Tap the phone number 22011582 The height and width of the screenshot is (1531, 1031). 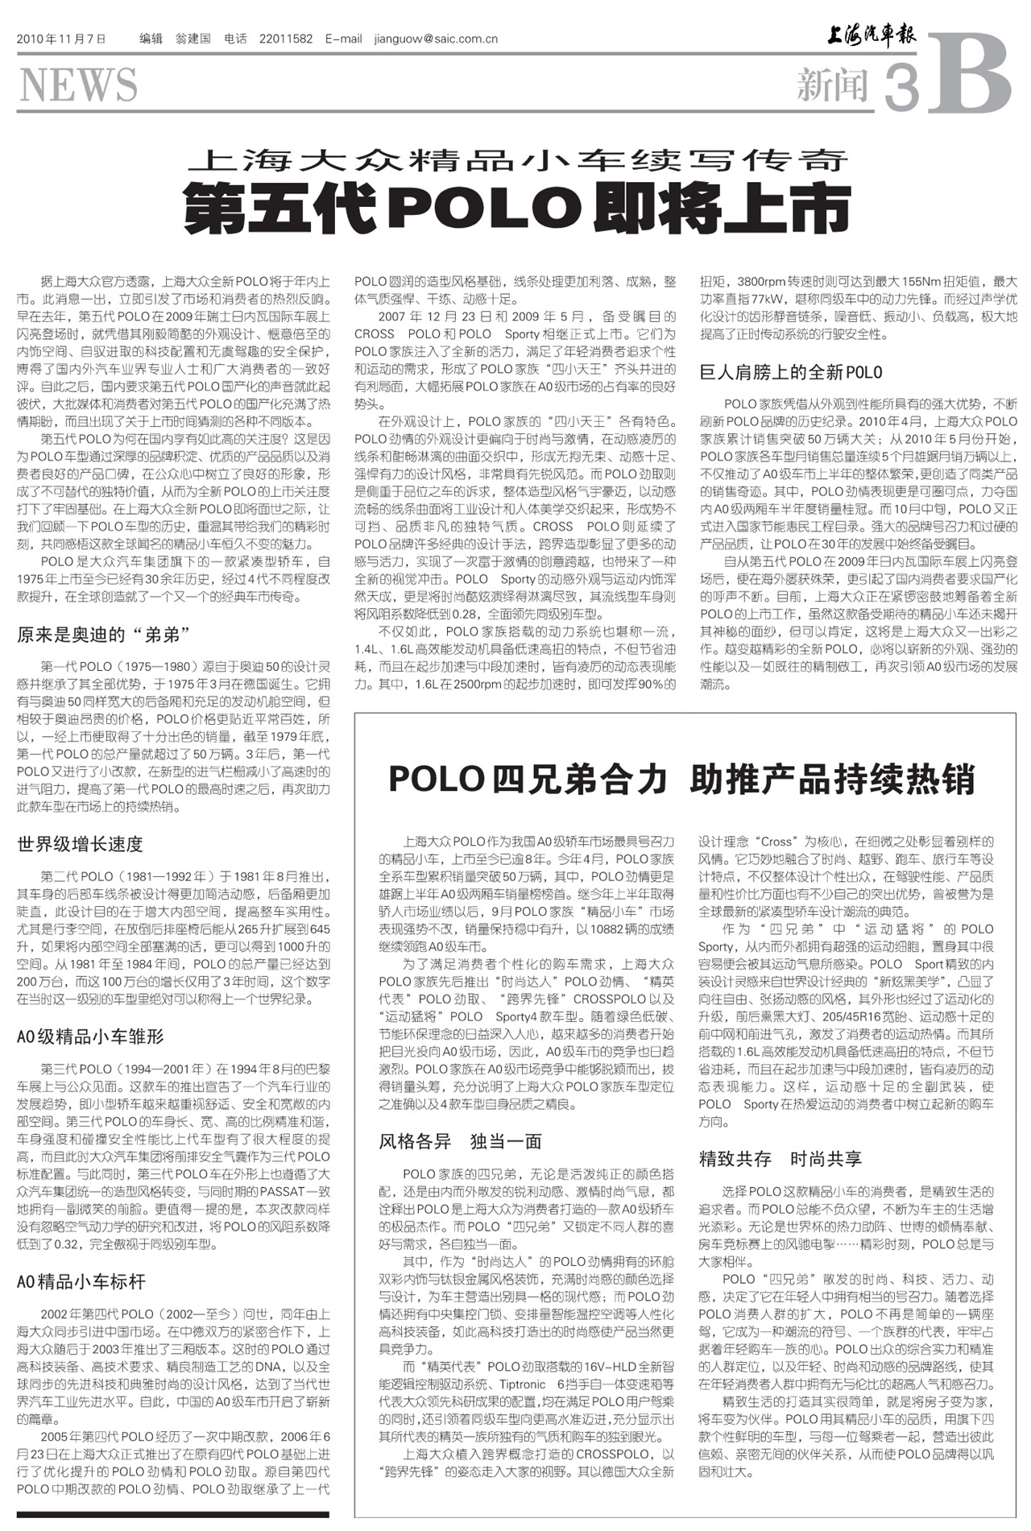pos(286,39)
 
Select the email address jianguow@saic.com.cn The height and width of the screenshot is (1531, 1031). pos(436,39)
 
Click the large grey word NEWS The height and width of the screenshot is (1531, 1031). pos(77,85)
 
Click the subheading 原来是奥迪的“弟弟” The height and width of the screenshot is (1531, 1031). pos(104,635)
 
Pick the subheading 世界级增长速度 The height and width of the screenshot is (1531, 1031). pos(80,844)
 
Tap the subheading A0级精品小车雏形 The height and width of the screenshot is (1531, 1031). pos(90,1037)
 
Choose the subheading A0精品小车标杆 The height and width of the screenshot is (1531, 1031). pos(81,1281)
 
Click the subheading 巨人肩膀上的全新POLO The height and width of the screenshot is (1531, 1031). pos(791,372)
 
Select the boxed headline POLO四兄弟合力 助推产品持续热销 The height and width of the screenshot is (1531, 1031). pos(681,779)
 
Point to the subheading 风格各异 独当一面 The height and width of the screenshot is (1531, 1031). pos(460,1141)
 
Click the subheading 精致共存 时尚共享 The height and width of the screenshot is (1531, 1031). pos(780,1159)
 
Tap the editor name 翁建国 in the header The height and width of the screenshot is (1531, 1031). pos(193,39)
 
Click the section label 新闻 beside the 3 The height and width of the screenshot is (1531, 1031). pos(833,85)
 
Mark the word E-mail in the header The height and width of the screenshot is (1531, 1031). pos(344,39)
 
